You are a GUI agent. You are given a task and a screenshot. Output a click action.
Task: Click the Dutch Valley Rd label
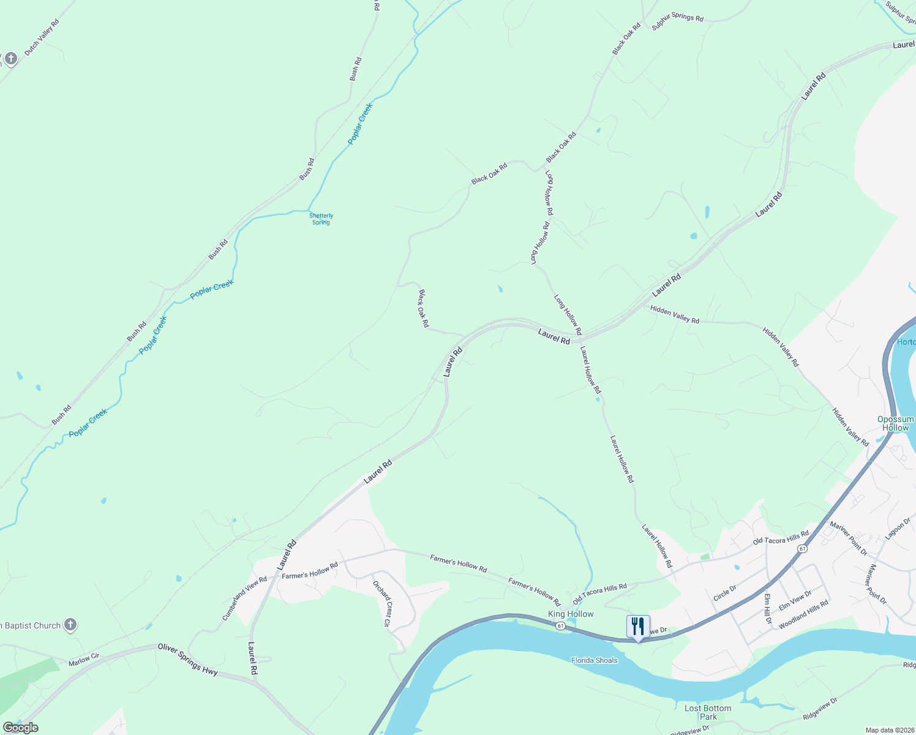[x=42, y=37]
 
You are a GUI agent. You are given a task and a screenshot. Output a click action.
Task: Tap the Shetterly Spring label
[x=321, y=219]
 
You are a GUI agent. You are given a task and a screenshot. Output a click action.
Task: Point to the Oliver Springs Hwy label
[x=187, y=659]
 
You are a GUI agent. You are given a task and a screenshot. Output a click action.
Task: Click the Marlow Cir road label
[x=84, y=659]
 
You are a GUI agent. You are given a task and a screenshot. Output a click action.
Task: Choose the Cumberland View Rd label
[x=244, y=598]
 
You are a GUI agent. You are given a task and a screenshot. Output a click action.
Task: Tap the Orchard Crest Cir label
[x=382, y=603]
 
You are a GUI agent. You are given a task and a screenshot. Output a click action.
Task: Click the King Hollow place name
[x=571, y=614]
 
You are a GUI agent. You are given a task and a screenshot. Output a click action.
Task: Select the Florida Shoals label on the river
[x=594, y=660]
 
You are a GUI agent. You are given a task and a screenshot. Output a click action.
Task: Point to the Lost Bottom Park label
[x=708, y=712]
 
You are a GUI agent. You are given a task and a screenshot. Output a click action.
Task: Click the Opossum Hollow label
[x=895, y=423]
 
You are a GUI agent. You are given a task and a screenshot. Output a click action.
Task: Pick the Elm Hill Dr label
[x=768, y=608]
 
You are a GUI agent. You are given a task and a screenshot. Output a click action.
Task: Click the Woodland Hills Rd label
[x=803, y=614]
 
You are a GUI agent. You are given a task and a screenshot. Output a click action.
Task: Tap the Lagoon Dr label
[x=898, y=529]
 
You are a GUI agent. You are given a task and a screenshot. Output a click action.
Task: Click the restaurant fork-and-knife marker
[x=638, y=627]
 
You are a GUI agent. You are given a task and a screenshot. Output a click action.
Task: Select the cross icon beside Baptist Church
[x=70, y=625]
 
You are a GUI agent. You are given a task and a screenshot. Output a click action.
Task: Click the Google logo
[x=20, y=728]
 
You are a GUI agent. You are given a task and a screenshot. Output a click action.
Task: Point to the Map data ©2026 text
[x=889, y=730]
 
